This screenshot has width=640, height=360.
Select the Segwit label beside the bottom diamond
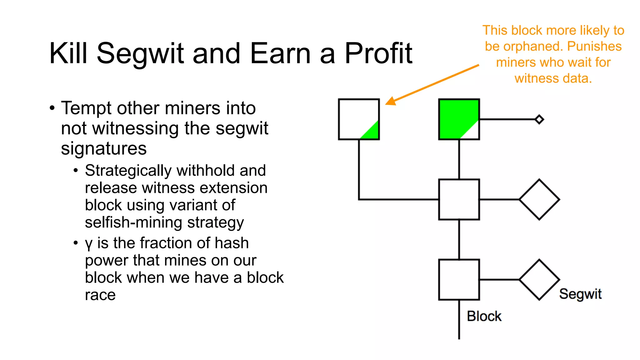[x=580, y=294]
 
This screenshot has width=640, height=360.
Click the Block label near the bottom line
[x=484, y=316]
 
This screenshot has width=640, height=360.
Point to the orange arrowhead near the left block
[x=390, y=101]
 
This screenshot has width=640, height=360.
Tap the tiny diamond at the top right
[x=539, y=119]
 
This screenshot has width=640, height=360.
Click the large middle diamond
[x=539, y=199]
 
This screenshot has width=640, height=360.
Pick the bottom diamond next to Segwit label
[x=539, y=280]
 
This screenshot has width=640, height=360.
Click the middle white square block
[x=459, y=199]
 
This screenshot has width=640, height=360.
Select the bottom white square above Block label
[x=459, y=280]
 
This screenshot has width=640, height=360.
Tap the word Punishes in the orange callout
[x=594, y=47]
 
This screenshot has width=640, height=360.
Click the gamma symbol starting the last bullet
[x=88, y=244]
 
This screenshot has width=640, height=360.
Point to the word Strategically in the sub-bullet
[x=128, y=171]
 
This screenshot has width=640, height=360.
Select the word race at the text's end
[x=100, y=295]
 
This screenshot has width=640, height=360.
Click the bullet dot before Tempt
[x=52, y=108]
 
